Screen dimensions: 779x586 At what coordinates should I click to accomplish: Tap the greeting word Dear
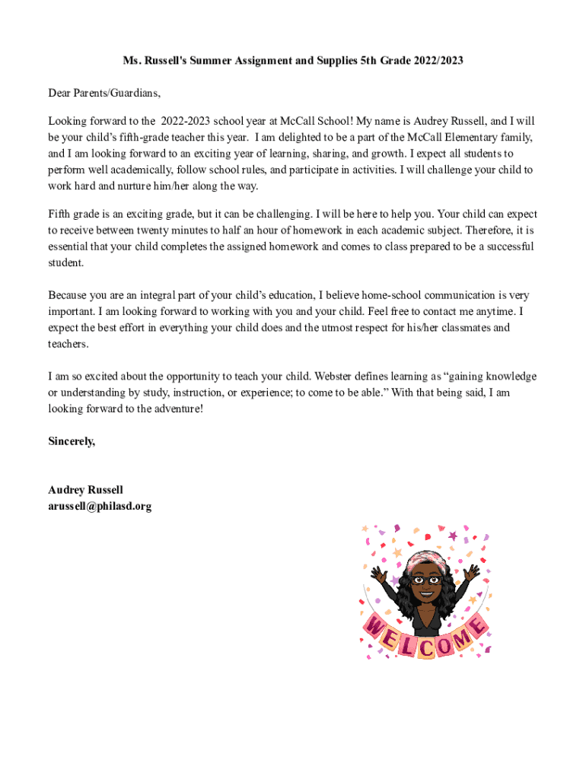pos(60,93)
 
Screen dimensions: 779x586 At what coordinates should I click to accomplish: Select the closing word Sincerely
pos(72,440)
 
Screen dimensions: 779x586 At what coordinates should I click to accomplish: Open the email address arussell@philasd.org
pos(100,506)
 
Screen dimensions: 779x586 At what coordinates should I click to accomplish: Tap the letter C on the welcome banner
pos(428,648)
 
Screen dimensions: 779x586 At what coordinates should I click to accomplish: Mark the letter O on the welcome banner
pos(447,647)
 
